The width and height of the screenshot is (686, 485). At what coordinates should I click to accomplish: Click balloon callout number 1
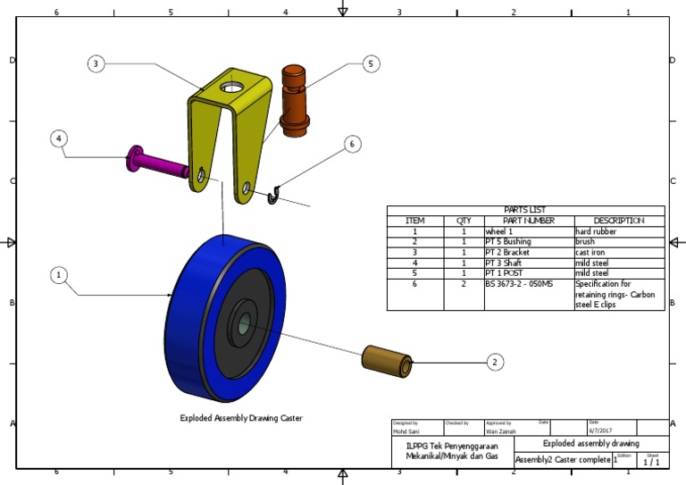point(59,276)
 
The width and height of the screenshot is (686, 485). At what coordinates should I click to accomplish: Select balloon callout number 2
point(494,362)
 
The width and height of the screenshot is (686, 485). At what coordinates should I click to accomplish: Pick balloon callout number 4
point(59,138)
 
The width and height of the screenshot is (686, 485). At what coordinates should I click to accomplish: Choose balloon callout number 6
point(353,144)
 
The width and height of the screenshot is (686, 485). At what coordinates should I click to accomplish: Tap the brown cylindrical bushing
point(387,360)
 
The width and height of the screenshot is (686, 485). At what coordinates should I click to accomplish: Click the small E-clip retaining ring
point(274,195)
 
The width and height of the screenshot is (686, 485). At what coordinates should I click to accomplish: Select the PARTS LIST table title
point(525,210)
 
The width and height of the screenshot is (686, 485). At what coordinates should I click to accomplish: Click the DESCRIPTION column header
point(618,221)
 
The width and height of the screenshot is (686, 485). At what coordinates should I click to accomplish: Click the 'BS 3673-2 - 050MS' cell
point(519,284)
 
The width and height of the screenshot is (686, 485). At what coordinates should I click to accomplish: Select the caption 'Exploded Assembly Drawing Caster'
point(241,418)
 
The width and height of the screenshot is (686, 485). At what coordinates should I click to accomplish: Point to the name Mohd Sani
point(406,431)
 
